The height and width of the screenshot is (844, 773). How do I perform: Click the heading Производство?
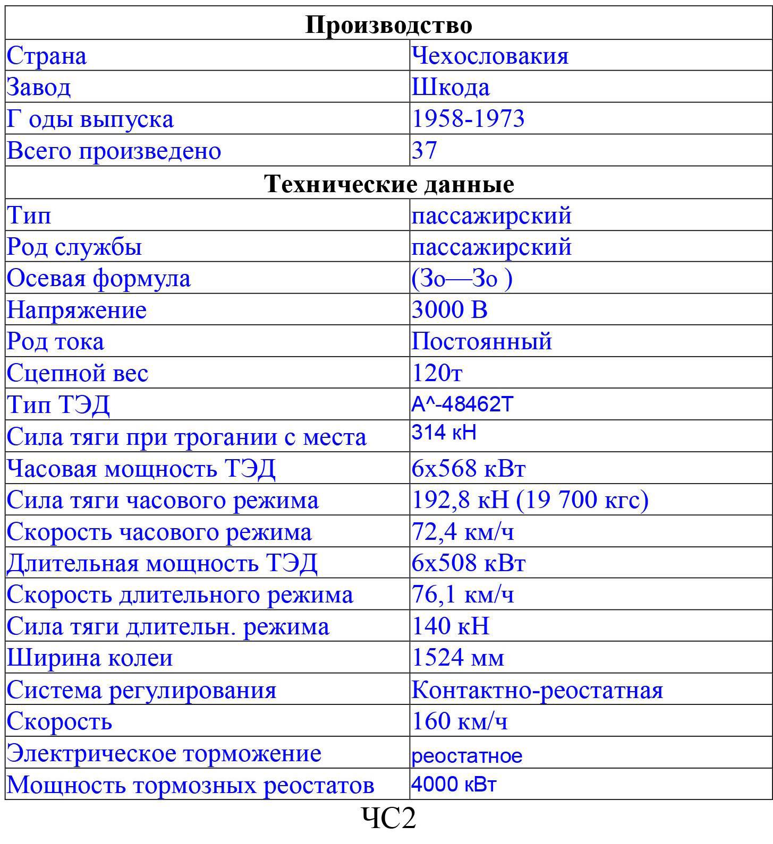[388, 25]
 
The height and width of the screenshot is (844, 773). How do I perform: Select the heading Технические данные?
[388, 184]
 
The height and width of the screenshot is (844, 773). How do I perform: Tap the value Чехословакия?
[490, 56]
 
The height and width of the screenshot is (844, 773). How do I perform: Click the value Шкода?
[451, 87]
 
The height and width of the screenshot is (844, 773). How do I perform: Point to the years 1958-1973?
[468, 118]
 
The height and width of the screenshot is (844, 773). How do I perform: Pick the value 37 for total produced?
[424, 150]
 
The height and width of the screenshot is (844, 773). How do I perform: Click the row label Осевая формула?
[98, 278]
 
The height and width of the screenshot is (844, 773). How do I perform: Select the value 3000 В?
[449, 309]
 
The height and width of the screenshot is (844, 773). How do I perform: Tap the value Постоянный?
[481, 341]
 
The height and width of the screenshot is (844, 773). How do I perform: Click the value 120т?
[437, 373]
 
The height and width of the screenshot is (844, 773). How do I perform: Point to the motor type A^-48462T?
[462, 404]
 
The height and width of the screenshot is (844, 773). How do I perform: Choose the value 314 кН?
[444, 433]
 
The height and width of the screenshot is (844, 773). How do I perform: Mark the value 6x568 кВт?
[468, 468]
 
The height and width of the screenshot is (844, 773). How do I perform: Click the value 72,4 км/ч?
[462, 531]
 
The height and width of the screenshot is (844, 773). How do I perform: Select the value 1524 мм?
[457, 658]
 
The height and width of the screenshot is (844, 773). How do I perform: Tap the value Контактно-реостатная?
[537, 690]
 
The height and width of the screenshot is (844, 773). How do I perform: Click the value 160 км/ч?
[459, 721]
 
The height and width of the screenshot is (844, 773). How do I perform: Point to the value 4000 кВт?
[454, 785]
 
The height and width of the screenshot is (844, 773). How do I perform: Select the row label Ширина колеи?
[90, 658]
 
